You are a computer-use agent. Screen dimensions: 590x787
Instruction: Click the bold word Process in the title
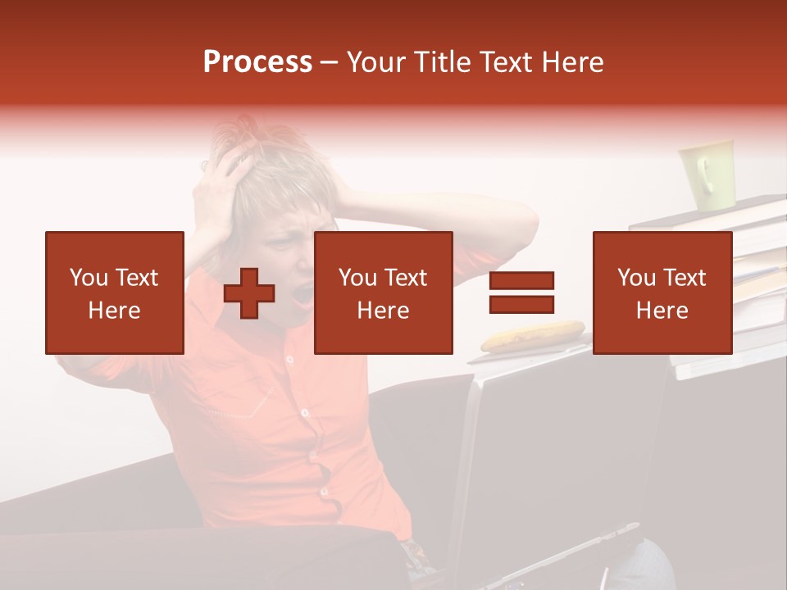(x=257, y=62)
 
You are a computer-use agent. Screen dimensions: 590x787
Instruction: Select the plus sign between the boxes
(x=249, y=293)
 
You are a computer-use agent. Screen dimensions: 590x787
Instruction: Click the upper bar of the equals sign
(x=521, y=280)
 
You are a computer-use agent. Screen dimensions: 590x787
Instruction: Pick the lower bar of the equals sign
(x=521, y=304)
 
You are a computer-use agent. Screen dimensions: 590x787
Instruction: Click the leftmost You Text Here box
(x=115, y=293)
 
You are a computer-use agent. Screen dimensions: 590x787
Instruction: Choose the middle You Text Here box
(x=383, y=293)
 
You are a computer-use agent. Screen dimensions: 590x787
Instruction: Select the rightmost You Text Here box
(x=662, y=293)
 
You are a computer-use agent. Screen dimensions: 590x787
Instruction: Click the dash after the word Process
(x=329, y=63)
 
